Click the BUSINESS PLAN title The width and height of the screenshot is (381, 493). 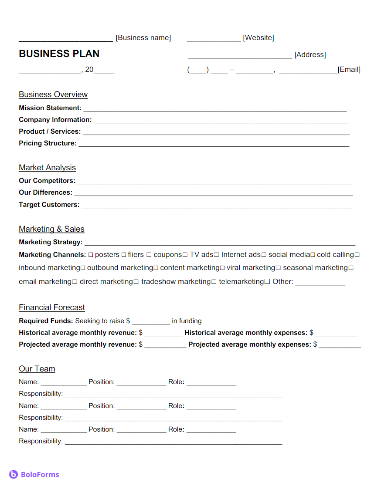(x=59, y=54)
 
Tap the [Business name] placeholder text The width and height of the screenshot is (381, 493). (x=143, y=38)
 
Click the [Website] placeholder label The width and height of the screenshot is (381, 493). (x=258, y=38)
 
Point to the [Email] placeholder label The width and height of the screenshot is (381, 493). (x=349, y=70)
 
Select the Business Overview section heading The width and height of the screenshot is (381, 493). (x=53, y=95)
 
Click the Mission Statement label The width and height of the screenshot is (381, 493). (x=50, y=108)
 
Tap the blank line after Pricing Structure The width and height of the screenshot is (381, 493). (x=214, y=144)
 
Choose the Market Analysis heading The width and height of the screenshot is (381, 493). (x=47, y=168)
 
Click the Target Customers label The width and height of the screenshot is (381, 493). (x=49, y=205)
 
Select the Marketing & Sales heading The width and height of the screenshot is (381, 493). (x=51, y=229)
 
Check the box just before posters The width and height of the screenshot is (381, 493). (x=91, y=255)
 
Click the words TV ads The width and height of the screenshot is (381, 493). (x=201, y=255)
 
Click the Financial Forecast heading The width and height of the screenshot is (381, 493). (x=52, y=307)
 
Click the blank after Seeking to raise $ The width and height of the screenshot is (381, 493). (x=151, y=322)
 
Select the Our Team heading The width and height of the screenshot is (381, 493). (x=37, y=369)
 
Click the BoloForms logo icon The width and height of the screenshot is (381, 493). (x=14, y=475)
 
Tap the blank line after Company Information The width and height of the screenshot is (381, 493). (x=221, y=121)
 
